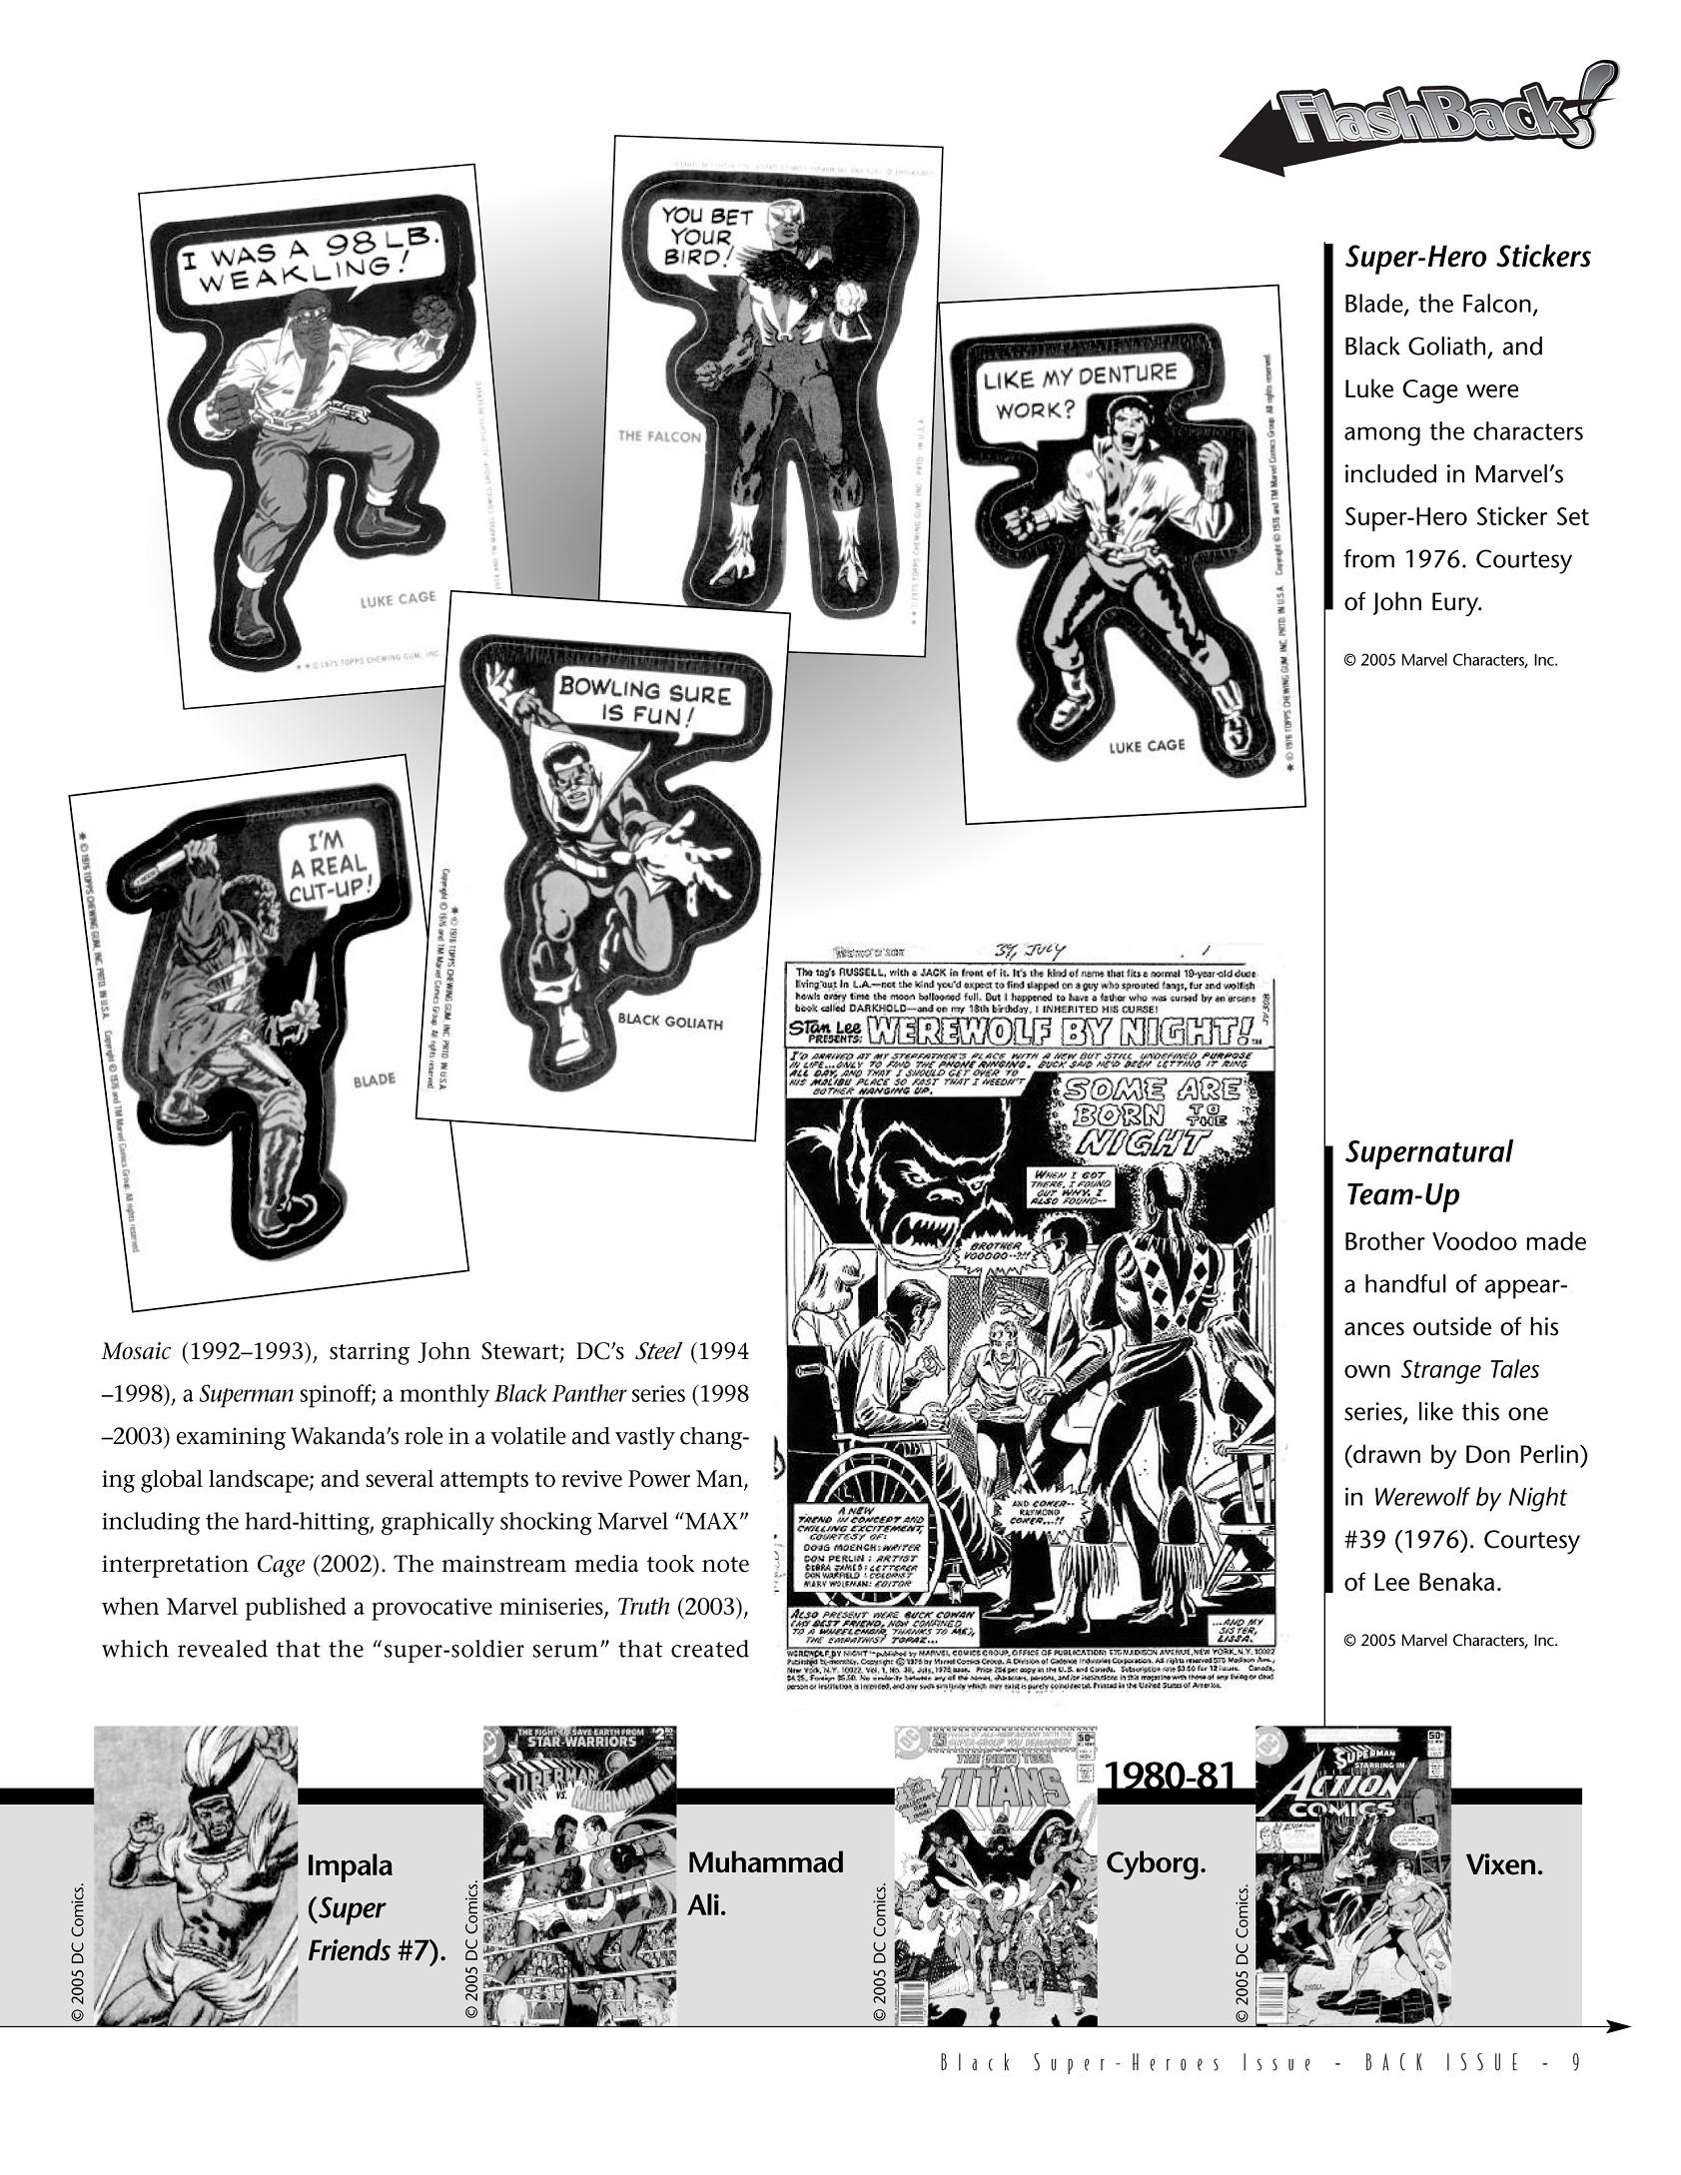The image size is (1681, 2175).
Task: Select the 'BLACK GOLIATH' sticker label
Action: tap(669, 1023)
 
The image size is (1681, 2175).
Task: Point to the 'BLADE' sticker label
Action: tap(374, 1080)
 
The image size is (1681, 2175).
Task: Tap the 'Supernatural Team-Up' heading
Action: tap(1428, 1172)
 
